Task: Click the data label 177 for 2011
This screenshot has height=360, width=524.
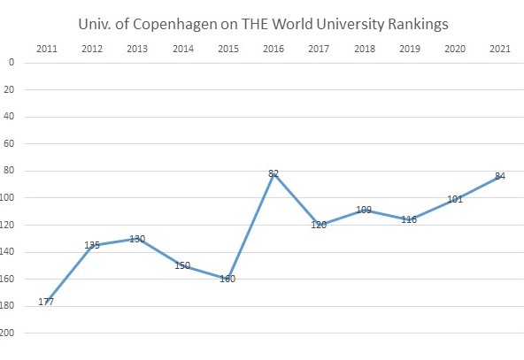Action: (x=47, y=303)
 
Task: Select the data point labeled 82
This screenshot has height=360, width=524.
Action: (x=274, y=173)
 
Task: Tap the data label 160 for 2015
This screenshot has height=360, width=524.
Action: (x=227, y=280)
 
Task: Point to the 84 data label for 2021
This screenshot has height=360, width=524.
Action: (x=500, y=176)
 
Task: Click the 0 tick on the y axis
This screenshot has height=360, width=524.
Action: (x=12, y=62)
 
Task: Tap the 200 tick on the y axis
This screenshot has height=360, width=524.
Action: (x=8, y=333)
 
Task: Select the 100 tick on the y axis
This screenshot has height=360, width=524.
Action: (x=8, y=198)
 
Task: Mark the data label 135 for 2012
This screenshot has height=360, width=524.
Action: (x=92, y=245)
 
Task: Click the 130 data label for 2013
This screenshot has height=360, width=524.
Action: (x=137, y=239)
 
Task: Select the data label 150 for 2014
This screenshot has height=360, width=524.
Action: (x=182, y=265)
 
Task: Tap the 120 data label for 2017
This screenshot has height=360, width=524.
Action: (x=319, y=225)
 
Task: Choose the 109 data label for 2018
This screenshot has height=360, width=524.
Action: (x=364, y=211)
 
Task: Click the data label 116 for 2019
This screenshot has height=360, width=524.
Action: (x=409, y=219)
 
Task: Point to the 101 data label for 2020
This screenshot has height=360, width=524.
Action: (x=455, y=199)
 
